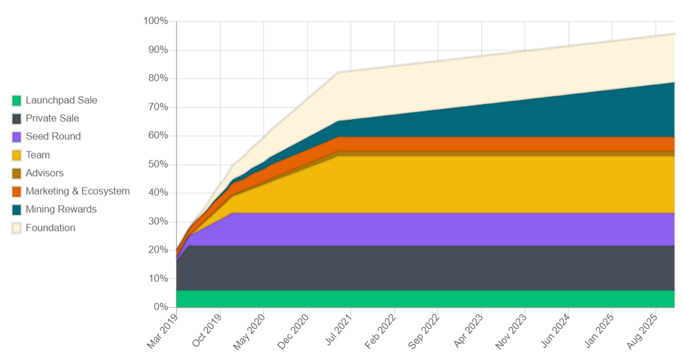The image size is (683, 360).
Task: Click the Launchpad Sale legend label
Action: click(x=61, y=100)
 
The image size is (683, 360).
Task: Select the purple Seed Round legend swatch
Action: click(x=17, y=137)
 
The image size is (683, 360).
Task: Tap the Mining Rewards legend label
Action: click(x=61, y=209)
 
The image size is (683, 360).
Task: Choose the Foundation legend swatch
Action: click(x=17, y=228)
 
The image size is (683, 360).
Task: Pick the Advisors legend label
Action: click(x=44, y=173)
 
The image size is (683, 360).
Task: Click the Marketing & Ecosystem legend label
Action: click(x=77, y=191)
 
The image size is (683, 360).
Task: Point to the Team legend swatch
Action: click(x=17, y=155)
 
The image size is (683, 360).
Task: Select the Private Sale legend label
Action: click(x=52, y=118)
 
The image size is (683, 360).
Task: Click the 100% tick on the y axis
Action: click(x=156, y=22)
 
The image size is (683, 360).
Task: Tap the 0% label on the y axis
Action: click(x=160, y=307)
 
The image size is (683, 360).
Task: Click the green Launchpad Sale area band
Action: click(x=420, y=299)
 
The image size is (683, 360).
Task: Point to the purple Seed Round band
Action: click(x=420, y=229)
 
